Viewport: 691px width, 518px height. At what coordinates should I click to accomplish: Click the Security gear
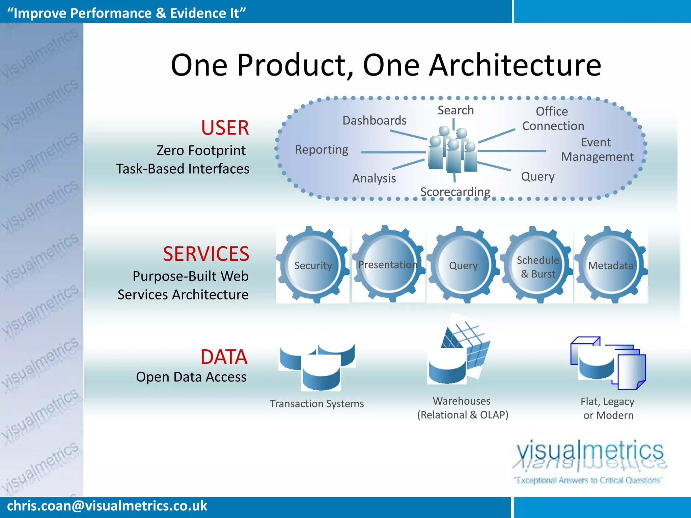tap(313, 265)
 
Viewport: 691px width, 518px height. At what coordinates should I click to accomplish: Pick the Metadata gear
tap(610, 265)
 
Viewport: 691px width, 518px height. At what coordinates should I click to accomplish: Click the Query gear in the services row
tap(463, 265)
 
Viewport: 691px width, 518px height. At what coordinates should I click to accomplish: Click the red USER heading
tap(225, 128)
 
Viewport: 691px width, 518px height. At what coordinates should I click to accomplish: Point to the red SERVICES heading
tap(206, 254)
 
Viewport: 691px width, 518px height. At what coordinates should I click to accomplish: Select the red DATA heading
tap(224, 357)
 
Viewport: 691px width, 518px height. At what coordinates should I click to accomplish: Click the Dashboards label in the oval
tap(374, 120)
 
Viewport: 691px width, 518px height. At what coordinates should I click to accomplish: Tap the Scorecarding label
tap(455, 192)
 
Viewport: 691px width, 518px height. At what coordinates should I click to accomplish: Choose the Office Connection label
tap(553, 119)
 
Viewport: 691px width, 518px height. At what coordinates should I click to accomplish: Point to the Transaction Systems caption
tap(316, 403)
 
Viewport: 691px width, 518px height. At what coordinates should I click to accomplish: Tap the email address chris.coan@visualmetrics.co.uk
tap(107, 506)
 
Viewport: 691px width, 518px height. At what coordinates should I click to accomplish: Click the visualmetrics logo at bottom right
tap(589, 459)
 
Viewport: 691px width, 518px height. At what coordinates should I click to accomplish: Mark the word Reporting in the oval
tap(321, 149)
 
